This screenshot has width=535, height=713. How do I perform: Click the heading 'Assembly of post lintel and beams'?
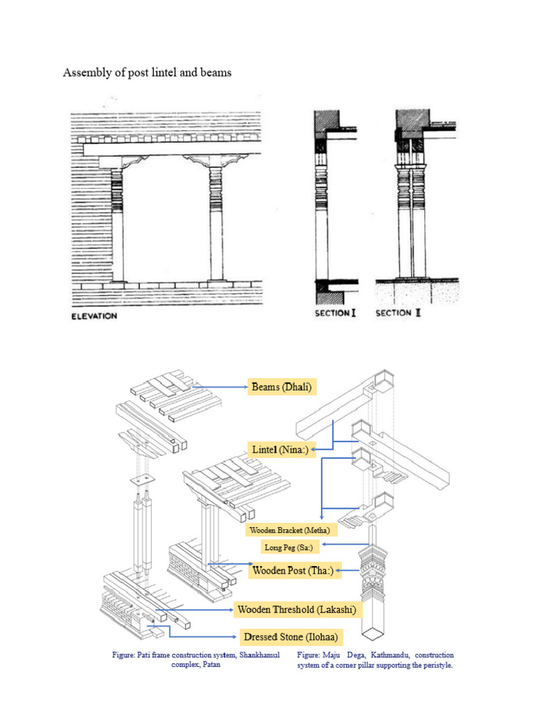pyautogui.click(x=147, y=72)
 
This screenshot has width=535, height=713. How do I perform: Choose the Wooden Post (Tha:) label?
pyautogui.click(x=288, y=571)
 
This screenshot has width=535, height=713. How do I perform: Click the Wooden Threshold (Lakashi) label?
pyautogui.click(x=297, y=609)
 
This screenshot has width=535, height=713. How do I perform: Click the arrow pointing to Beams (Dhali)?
pyautogui.click(x=219, y=386)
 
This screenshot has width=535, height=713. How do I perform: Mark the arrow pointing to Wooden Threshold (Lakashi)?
pyautogui.click(x=195, y=610)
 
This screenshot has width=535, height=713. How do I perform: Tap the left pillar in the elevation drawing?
pyautogui.click(x=118, y=223)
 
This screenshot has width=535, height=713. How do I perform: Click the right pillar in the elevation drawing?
pyautogui.click(x=215, y=223)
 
